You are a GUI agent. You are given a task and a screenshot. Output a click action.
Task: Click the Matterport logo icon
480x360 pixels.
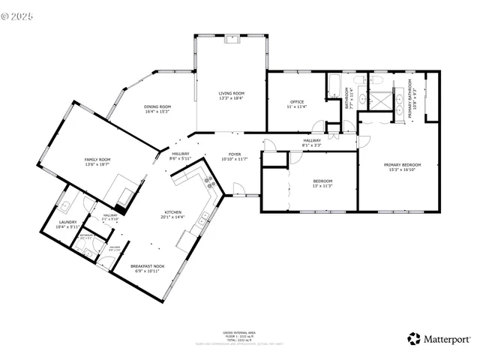(414, 338)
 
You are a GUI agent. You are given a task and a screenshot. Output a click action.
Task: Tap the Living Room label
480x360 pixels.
(231, 93)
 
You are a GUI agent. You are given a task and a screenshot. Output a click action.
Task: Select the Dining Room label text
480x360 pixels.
(157, 106)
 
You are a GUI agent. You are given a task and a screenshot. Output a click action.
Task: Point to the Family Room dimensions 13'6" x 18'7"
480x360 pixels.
(97, 164)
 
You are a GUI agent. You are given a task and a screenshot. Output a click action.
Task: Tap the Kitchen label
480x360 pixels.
(172, 212)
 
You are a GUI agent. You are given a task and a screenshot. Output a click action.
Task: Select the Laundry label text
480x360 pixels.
(67, 222)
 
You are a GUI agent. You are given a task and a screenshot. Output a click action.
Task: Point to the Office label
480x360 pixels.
(296, 102)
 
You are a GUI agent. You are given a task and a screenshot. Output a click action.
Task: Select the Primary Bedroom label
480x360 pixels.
(402, 165)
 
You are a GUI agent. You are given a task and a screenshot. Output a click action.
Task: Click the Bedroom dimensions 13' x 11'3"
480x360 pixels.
(322, 186)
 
